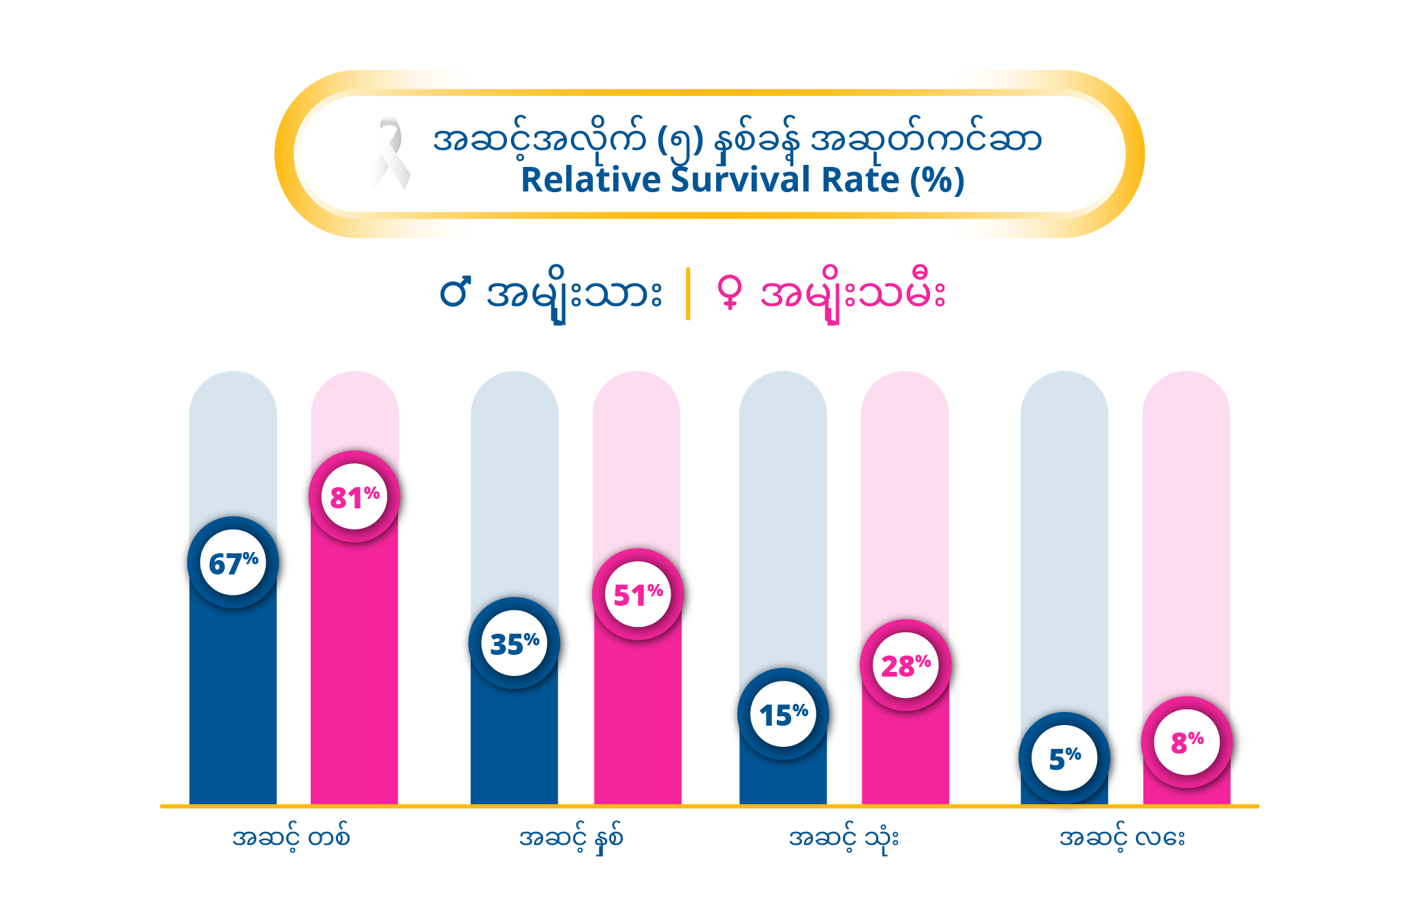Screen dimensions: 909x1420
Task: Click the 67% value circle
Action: tap(233, 563)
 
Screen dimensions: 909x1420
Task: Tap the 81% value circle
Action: tap(354, 497)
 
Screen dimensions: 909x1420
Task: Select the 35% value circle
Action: tap(514, 643)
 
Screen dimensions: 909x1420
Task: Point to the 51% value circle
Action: tap(638, 594)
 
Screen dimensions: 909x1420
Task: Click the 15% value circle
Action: tap(783, 714)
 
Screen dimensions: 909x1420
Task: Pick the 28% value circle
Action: tap(906, 665)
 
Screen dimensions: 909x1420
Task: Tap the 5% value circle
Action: tap(1064, 758)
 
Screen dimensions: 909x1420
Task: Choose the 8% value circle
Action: tap(1187, 742)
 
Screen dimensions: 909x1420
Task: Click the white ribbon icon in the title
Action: tap(390, 153)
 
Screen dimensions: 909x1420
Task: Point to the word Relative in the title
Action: tap(591, 181)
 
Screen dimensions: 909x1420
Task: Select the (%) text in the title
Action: tap(938, 181)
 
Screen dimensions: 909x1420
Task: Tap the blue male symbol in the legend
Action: tap(455, 292)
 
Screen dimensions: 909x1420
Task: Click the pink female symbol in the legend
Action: tap(730, 292)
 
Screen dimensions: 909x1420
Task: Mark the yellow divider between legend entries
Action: tap(688, 294)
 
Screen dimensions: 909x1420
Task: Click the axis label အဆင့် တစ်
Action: tap(291, 837)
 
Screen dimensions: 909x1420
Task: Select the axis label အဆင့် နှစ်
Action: tap(571, 837)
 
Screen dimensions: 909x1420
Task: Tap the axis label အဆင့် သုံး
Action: tap(844, 837)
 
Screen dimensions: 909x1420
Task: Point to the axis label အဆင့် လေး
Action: tap(1122, 837)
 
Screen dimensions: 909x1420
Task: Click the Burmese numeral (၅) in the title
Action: tap(680, 141)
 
